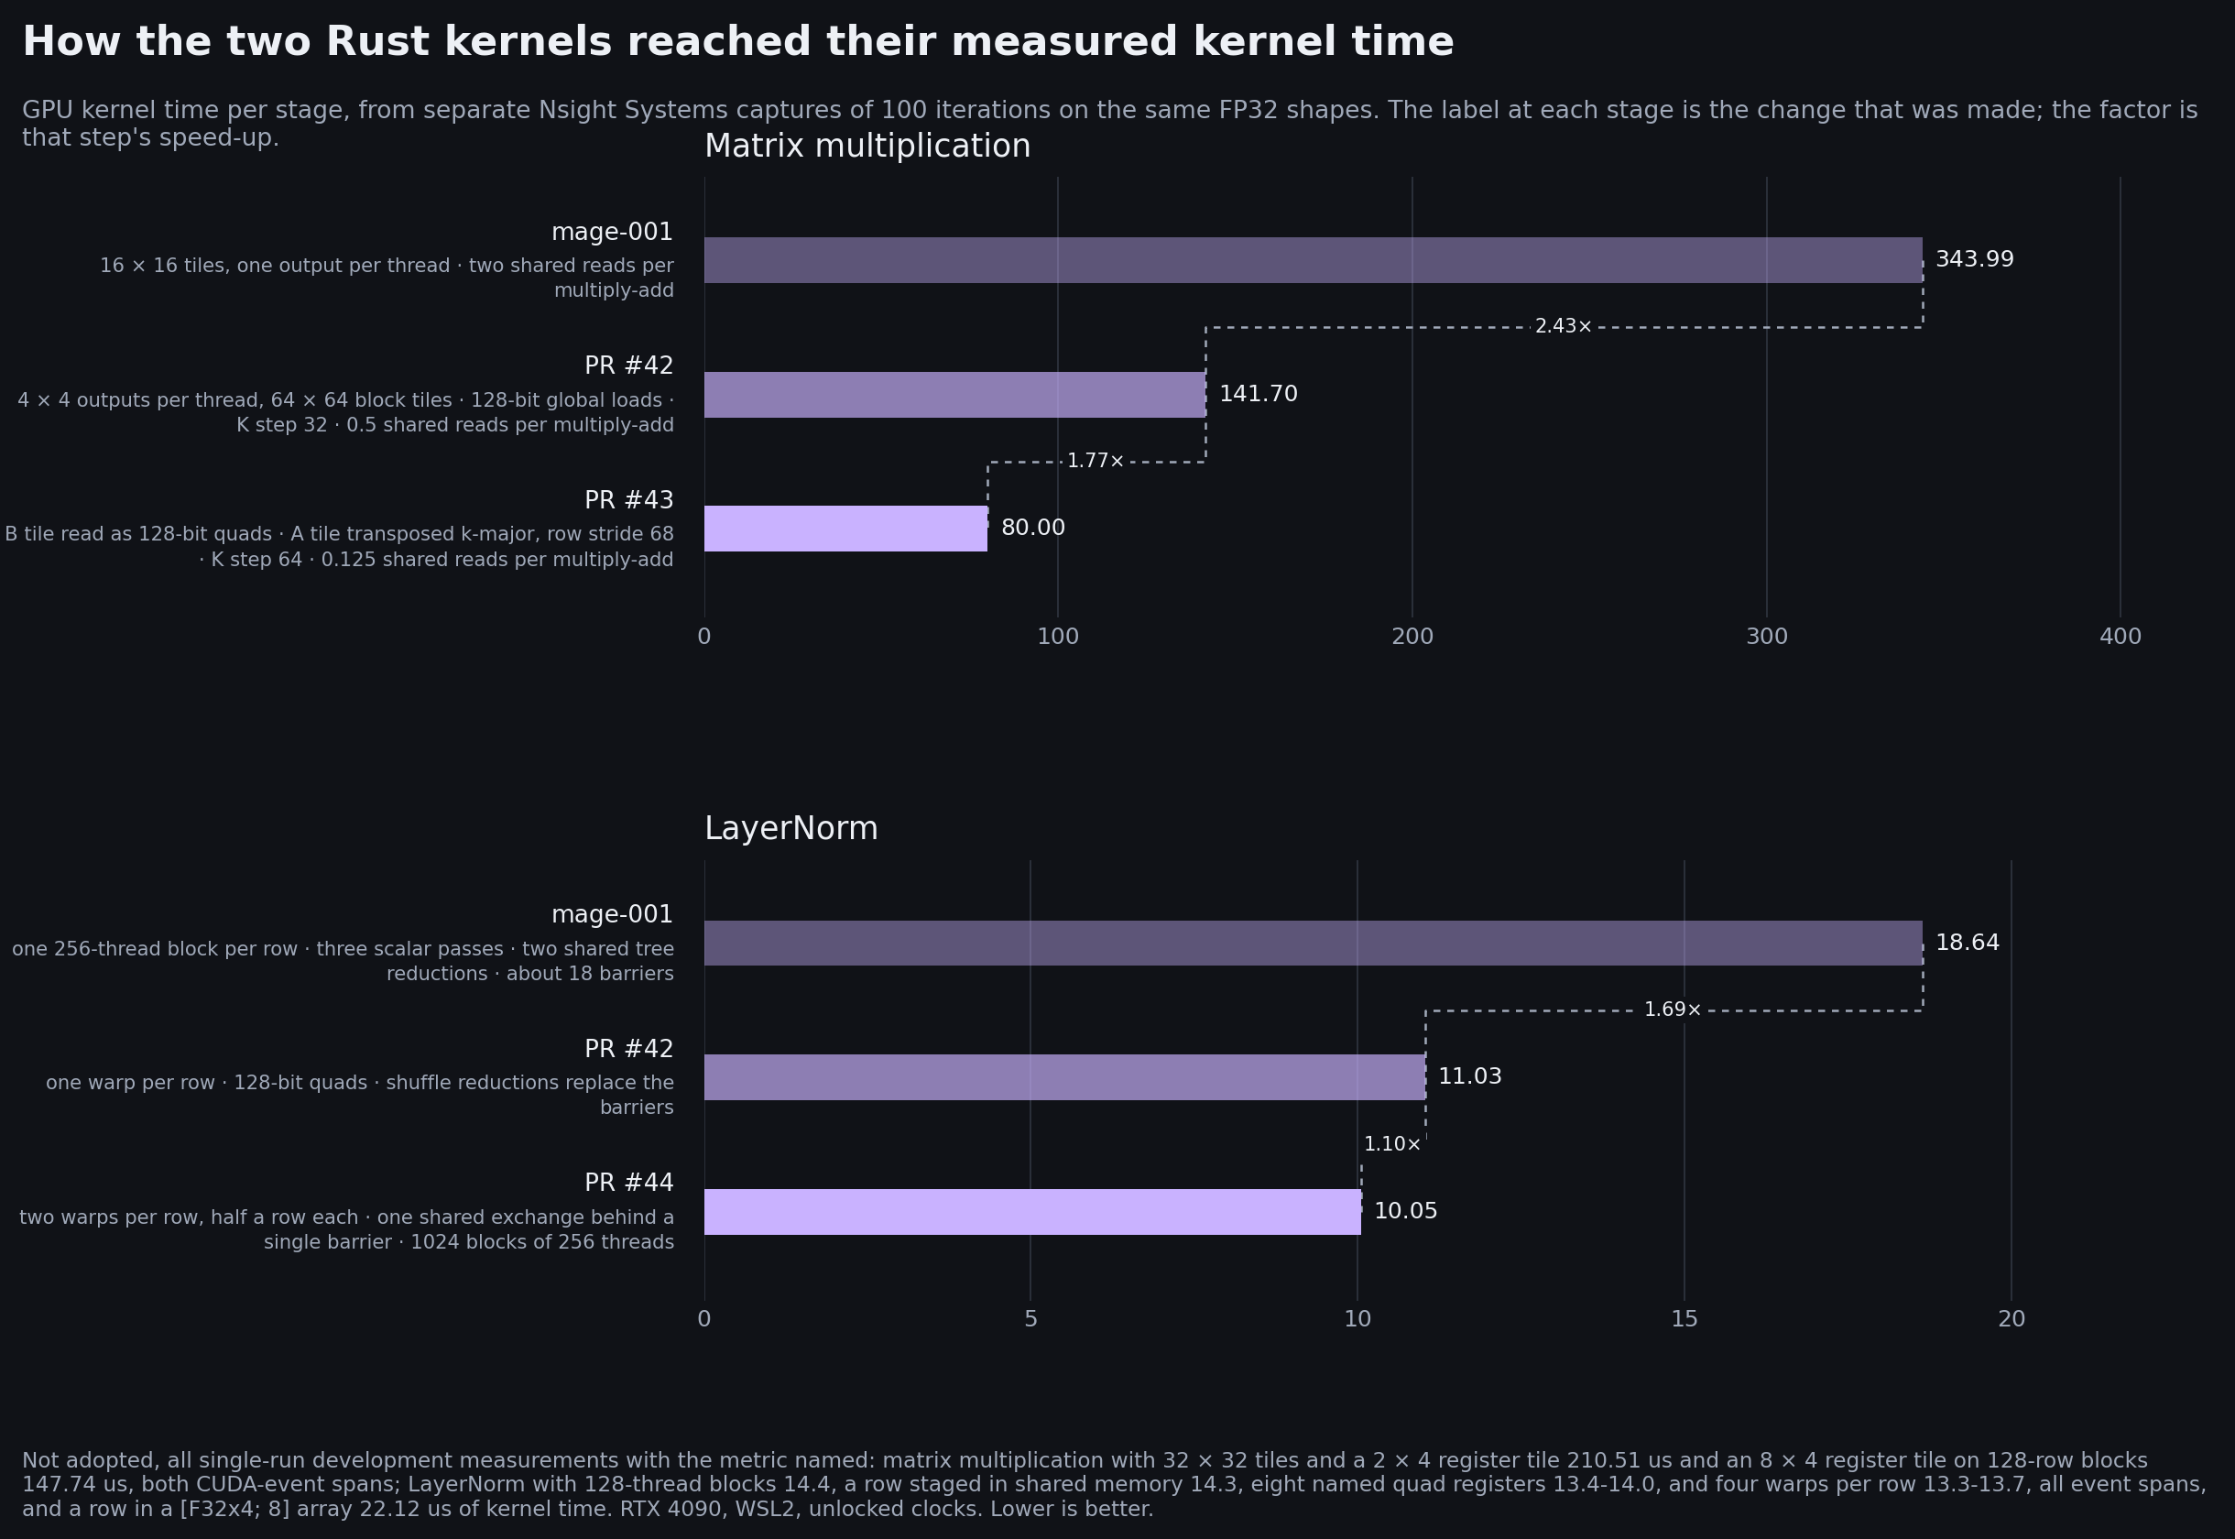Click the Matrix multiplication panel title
pyautogui.click(x=867, y=147)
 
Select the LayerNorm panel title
pyautogui.click(x=790, y=829)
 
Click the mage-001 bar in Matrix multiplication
pyautogui.click(x=1314, y=260)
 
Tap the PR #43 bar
pyautogui.click(x=845, y=529)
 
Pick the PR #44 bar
pyautogui.click(x=1032, y=1212)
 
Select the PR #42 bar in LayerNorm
pyautogui.click(x=1064, y=1077)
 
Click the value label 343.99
pyautogui.click(x=1975, y=259)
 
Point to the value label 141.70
pyautogui.click(x=1259, y=393)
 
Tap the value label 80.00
pyautogui.click(x=1032, y=528)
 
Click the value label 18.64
pyautogui.click(x=1967, y=942)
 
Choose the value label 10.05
pyautogui.click(x=1405, y=1210)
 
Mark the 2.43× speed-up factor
pyautogui.click(x=1563, y=327)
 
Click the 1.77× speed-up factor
pyautogui.click(x=1096, y=461)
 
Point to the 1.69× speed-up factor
pyautogui.click(x=1672, y=1010)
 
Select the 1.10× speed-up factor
pyautogui.click(x=1391, y=1144)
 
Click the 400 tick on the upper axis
pyautogui.click(x=2121, y=637)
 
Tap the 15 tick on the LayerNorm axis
pyautogui.click(x=1684, y=1319)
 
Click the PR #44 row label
pyautogui.click(x=628, y=1183)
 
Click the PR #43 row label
pyautogui.click(x=628, y=500)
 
